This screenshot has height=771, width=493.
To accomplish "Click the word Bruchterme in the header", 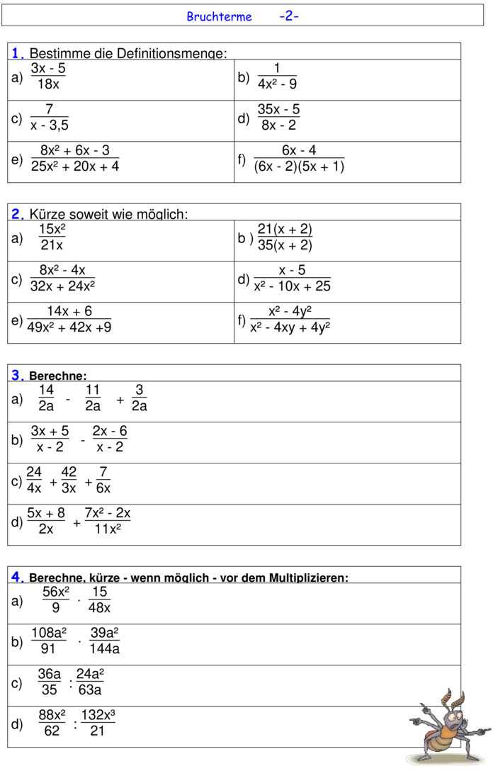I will coord(219,16).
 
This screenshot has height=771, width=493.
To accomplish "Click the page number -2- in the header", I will coord(288,16).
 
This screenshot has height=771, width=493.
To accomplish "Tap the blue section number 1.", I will coord(18,53).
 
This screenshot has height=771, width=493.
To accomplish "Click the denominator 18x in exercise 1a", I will coord(48,84).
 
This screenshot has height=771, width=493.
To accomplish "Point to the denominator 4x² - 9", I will coord(277,84).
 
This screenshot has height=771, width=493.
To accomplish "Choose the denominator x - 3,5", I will coord(50,125).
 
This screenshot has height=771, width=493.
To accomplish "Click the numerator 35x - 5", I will coord(278,109).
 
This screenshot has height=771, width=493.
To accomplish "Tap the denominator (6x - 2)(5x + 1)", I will coord(299,167).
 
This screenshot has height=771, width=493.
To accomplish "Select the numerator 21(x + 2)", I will coord(285,229).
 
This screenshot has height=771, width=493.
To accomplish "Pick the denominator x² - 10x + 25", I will coord(292,286).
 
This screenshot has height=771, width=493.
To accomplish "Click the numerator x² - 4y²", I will coord(290,311).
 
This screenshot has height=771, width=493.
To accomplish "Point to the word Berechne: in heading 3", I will coord(57,376).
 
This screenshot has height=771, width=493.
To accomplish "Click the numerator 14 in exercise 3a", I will coord(46,390).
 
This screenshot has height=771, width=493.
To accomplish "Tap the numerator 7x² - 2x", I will coord(108,513).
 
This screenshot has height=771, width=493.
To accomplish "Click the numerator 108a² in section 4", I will coord(49,633).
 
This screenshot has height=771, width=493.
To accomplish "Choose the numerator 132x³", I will coord(98,715).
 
